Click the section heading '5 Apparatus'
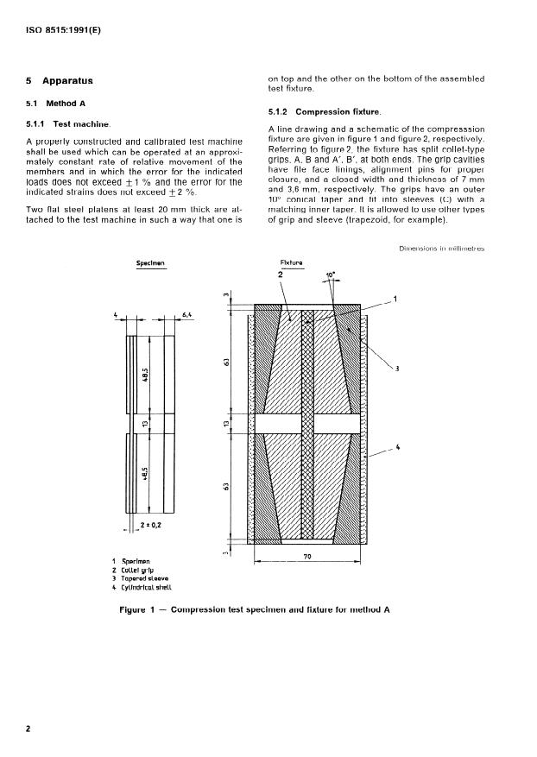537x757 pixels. (x=60, y=81)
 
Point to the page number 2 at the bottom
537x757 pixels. (x=28, y=729)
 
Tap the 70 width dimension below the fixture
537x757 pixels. (x=306, y=558)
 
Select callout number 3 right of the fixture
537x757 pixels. (x=398, y=369)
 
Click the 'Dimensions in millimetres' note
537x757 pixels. (x=442, y=249)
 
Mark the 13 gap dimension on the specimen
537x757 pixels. (x=150, y=425)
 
